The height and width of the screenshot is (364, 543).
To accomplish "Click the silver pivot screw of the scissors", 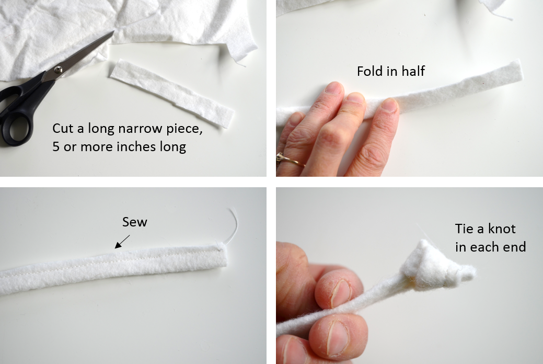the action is point(58,70).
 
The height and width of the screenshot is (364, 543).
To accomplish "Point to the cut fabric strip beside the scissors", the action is point(172,93).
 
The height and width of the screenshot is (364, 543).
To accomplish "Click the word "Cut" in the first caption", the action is point(63,128).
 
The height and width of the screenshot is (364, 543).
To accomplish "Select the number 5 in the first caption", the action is point(56,146).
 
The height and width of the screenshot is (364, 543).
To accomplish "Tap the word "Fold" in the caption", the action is point(369,71).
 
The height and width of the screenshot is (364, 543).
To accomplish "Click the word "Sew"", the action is point(135,222).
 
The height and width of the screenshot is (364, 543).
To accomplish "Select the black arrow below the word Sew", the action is point(122,242).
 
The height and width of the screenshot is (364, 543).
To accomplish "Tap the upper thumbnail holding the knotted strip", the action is point(341,293).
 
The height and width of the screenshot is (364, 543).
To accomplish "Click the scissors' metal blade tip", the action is point(113,31).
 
